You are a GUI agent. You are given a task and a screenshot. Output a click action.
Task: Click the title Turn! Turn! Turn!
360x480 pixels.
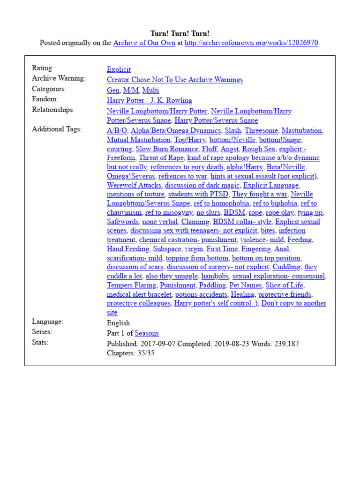tap(180, 34)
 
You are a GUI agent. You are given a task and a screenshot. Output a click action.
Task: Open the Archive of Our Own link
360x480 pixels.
tap(144, 43)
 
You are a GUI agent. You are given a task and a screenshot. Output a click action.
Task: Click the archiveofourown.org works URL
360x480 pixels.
tap(252, 43)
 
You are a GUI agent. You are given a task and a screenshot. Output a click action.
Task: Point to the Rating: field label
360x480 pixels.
tap(43, 68)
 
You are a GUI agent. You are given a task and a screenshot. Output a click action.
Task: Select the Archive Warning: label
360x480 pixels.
tap(59, 78)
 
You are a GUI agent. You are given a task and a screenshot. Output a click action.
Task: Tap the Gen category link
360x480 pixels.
tap(113, 90)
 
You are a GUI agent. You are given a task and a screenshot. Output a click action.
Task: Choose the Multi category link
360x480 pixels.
tap(150, 90)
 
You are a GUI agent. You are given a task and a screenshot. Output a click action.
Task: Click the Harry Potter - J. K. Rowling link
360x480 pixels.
tap(149, 100)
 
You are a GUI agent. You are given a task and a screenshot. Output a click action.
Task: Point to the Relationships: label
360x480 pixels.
tap(53, 110)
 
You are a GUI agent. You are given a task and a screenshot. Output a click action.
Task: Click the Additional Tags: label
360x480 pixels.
tap(57, 129)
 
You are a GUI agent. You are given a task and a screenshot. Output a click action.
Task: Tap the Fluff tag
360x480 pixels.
tap(209, 149)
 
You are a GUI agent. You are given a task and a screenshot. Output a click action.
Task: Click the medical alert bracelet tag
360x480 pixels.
tap(140, 294)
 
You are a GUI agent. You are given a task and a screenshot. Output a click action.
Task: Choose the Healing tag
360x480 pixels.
tap(242, 294)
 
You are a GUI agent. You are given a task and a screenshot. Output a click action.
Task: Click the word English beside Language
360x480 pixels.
tap(118, 323)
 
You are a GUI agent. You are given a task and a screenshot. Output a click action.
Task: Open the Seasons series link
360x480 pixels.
tap(146, 333)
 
